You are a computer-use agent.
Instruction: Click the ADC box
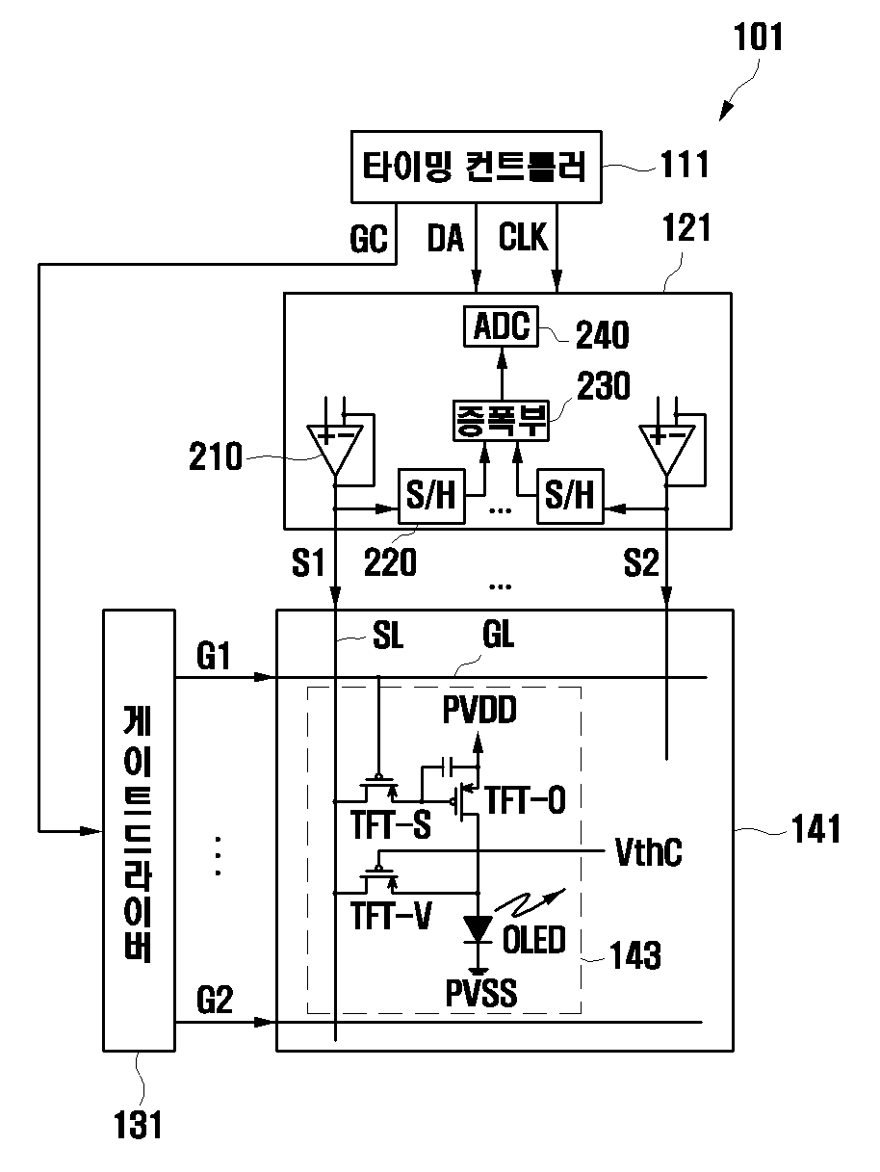tap(501, 326)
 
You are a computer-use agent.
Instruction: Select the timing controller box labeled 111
tap(476, 168)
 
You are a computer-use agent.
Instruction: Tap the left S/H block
tap(431, 496)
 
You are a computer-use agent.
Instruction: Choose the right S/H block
tap(570, 496)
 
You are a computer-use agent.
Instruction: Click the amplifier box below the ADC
tap(501, 421)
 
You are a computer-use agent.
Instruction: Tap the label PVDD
tap(479, 710)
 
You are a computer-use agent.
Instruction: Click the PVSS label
tap(481, 993)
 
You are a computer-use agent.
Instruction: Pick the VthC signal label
tap(648, 851)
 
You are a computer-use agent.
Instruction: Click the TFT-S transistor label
tap(391, 824)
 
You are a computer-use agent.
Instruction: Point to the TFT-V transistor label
tap(391, 916)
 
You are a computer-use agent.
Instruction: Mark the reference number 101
tap(758, 37)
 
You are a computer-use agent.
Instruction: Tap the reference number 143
tap(635, 954)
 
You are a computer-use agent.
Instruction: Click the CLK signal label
tap(523, 237)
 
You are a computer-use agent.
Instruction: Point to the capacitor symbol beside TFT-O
tap(447, 768)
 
